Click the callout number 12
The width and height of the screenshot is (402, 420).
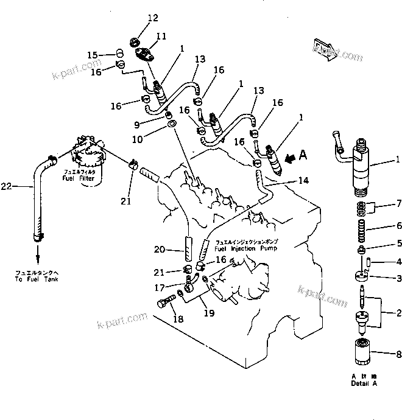click(x=135, y=18)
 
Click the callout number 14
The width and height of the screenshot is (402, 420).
click(x=304, y=180)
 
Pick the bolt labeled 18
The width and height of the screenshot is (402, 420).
click(x=167, y=301)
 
